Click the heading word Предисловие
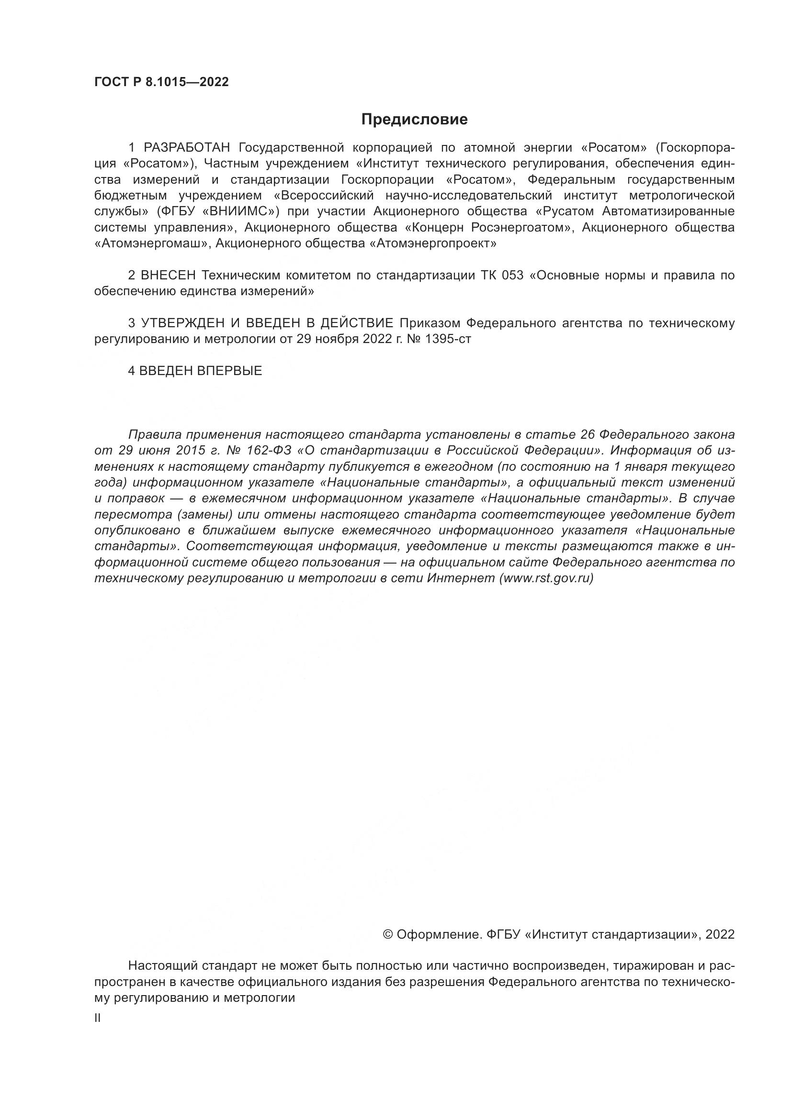coord(414,120)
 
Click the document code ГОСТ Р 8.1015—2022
coord(161,82)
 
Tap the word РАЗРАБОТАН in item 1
coord(188,148)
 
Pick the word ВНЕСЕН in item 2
coord(168,276)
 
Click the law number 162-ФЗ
coord(269,450)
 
